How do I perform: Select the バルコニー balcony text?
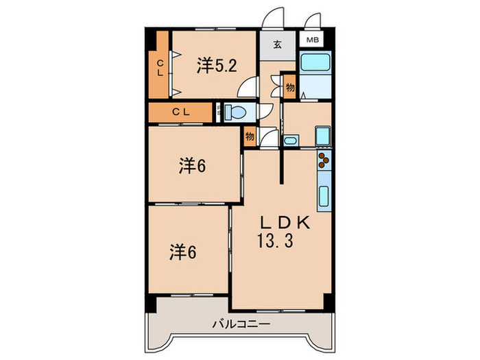click(x=240, y=323)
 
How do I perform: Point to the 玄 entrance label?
click(x=277, y=46)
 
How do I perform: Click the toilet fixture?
click(x=236, y=112)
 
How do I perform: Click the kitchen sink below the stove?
click(x=324, y=194)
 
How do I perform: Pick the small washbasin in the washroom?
click(x=291, y=141)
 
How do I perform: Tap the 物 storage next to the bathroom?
click(x=290, y=88)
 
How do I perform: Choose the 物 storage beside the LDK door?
click(x=250, y=136)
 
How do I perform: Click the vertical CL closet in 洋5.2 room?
click(x=160, y=69)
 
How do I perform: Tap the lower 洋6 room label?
click(x=184, y=252)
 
